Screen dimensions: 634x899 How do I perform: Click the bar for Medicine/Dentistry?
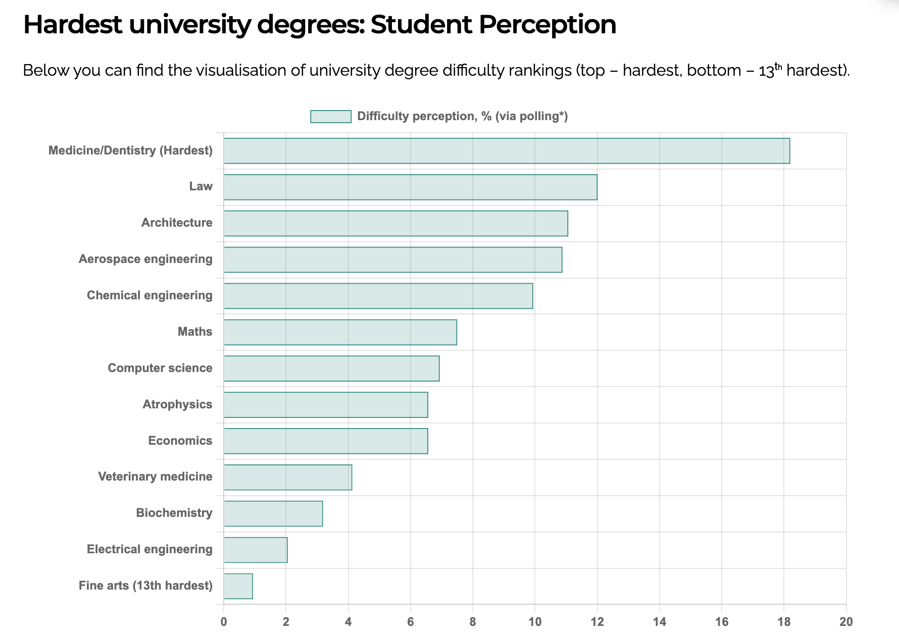[507, 151]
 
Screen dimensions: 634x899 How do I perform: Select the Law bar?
[410, 187]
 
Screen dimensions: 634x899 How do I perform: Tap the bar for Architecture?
[395, 223]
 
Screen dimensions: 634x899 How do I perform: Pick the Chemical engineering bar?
[378, 296]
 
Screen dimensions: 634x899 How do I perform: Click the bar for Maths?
[340, 332]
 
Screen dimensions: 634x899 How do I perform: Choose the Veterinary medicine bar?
[287, 477]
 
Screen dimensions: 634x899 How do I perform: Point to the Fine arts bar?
[238, 586]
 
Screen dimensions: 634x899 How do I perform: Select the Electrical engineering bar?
[256, 550]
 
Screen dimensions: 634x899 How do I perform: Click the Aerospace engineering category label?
[145, 259]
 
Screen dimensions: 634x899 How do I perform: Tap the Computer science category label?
[160, 368]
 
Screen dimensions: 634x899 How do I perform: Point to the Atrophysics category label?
[177, 404]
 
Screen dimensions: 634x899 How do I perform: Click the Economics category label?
[180, 441]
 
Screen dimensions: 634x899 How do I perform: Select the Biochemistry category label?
[174, 513]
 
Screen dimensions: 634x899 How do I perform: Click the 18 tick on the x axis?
[783, 621]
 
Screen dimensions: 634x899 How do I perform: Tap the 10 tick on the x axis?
[535, 621]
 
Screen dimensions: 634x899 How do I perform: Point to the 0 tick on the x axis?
[224, 621]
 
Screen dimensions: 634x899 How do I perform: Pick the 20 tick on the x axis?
[846, 621]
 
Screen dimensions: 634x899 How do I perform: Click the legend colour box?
[331, 117]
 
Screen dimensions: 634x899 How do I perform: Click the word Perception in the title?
[547, 24]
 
